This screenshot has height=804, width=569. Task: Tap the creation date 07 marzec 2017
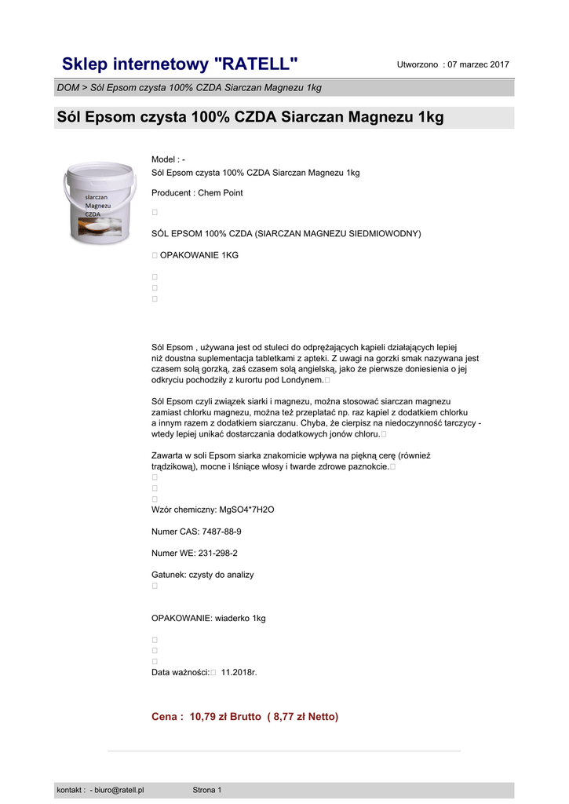[x=478, y=64]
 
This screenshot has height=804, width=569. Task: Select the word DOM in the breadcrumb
[x=68, y=88]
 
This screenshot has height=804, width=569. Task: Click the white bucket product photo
[x=100, y=203]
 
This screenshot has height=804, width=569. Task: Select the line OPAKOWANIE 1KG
[x=199, y=256]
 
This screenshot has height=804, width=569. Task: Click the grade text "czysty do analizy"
[x=221, y=575]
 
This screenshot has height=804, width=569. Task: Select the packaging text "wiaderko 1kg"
[x=240, y=619]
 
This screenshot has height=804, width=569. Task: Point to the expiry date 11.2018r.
[x=239, y=673]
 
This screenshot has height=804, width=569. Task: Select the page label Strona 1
[x=207, y=790]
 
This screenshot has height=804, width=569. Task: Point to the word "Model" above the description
[x=164, y=160]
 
